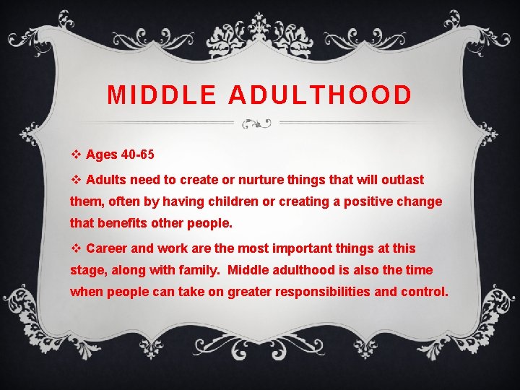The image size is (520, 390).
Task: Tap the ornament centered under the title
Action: point(256,123)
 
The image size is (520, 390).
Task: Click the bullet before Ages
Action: point(76,155)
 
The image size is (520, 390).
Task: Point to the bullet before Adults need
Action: point(76,179)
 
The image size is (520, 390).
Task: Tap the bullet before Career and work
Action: point(76,248)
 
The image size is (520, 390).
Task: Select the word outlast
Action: point(402,179)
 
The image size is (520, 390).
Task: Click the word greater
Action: point(250,292)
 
